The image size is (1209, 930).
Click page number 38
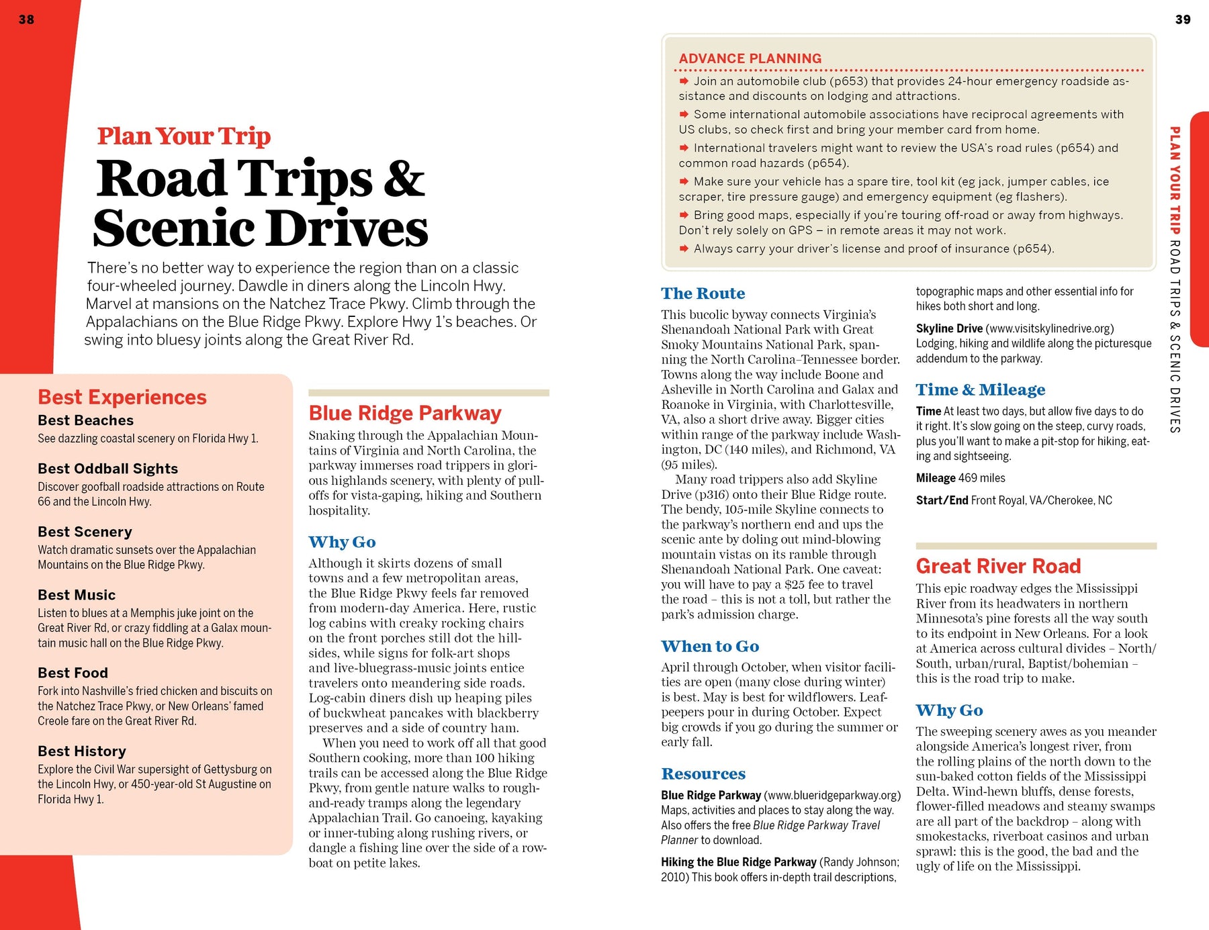pos(26,19)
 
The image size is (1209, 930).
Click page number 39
pos(1183,19)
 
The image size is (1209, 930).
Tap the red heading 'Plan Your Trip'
pos(183,136)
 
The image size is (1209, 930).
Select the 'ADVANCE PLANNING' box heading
pos(750,58)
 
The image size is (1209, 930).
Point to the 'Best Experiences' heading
pos(122,397)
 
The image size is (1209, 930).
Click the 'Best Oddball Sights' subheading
pos(107,469)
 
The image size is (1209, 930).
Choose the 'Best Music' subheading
pos(77,595)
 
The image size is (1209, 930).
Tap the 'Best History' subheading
pos(82,751)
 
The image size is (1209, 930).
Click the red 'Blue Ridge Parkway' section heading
pos(405,413)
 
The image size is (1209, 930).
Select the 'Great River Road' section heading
pos(998,566)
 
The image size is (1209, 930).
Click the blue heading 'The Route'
pos(703,293)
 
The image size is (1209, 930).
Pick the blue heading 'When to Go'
pos(710,646)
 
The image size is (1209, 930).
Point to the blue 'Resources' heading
pos(703,774)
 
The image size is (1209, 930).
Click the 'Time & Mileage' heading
pos(980,389)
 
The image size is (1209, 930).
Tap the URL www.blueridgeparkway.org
pos(832,795)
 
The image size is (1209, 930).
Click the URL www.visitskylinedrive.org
pos(1049,328)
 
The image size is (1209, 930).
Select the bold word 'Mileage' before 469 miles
pos(936,478)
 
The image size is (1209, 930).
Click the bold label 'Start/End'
pos(942,500)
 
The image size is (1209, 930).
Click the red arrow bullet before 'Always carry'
pos(684,248)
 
